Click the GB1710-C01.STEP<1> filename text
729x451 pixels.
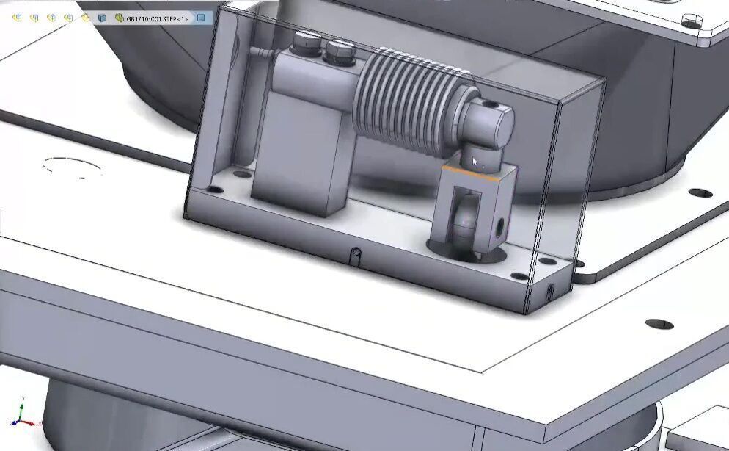(157, 18)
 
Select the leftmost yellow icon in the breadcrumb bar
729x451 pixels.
(16, 18)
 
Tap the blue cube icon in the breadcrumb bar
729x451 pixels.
(102, 18)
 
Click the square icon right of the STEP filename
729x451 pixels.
(201, 18)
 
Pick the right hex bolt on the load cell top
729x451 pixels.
(337, 49)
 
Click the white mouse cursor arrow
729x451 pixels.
(475, 161)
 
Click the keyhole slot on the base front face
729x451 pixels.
(356, 254)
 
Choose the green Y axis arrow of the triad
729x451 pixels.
(21, 408)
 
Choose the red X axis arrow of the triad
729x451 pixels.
(29, 423)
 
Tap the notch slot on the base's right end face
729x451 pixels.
(549, 291)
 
